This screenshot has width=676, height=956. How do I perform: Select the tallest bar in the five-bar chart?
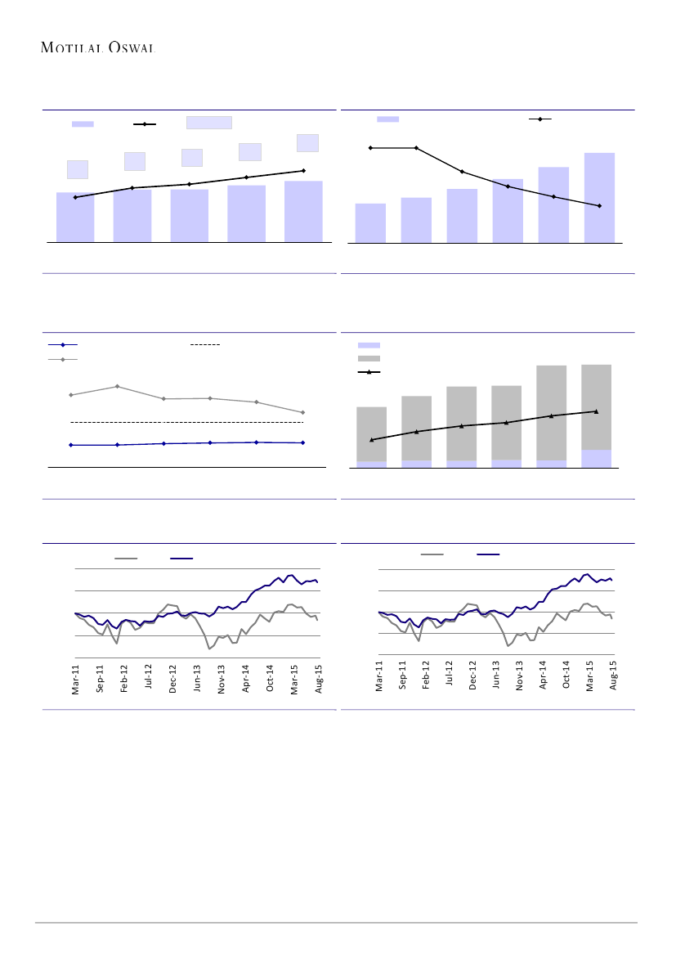pos(303,211)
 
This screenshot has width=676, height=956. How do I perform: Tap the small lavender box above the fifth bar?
pos(307,143)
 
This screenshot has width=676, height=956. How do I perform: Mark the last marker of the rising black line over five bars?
pos(303,171)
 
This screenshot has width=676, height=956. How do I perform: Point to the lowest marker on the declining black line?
pos(599,206)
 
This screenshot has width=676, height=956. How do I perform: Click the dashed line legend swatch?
pos(205,345)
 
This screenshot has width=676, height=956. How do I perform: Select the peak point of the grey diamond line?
pos(118,386)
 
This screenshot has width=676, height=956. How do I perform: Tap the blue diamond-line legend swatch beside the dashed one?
pos(62,345)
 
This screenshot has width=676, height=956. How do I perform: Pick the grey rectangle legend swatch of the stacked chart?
pos(369,359)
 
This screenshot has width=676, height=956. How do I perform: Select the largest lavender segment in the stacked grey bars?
pos(596,459)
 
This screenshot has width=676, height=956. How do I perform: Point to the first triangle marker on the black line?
pos(372,440)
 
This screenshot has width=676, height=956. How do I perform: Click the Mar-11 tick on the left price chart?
pos(75,678)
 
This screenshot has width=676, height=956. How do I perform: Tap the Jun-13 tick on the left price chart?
pos(197,678)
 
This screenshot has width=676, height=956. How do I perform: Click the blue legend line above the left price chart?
pos(181,559)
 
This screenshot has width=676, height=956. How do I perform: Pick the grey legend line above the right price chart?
pos(432,554)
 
